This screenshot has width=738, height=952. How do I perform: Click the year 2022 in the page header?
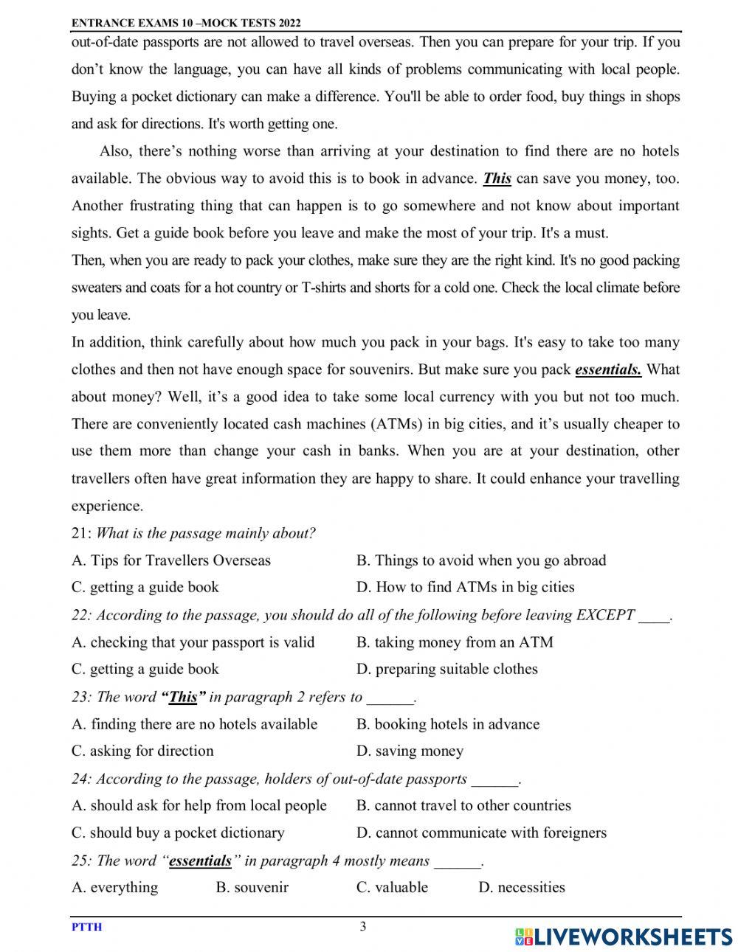click(287, 24)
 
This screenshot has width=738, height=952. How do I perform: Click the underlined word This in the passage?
click(497, 178)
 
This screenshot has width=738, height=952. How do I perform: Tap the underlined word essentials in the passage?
click(607, 369)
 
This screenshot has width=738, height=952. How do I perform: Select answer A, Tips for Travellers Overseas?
click(171, 560)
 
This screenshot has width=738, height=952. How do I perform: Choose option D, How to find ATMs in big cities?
click(465, 588)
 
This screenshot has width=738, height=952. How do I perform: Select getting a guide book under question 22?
click(145, 670)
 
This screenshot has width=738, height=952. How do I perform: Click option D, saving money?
click(410, 751)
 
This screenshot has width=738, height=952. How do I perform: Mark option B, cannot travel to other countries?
click(463, 806)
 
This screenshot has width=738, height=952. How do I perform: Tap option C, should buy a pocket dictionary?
click(178, 833)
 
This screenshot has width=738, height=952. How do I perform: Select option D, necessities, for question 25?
click(522, 888)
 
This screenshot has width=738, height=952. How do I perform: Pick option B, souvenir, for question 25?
click(252, 888)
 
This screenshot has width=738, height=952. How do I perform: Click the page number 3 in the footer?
click(362, 927)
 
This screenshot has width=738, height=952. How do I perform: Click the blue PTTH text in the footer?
click(86, 928)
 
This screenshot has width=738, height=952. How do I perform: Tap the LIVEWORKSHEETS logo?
click(623, 937)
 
